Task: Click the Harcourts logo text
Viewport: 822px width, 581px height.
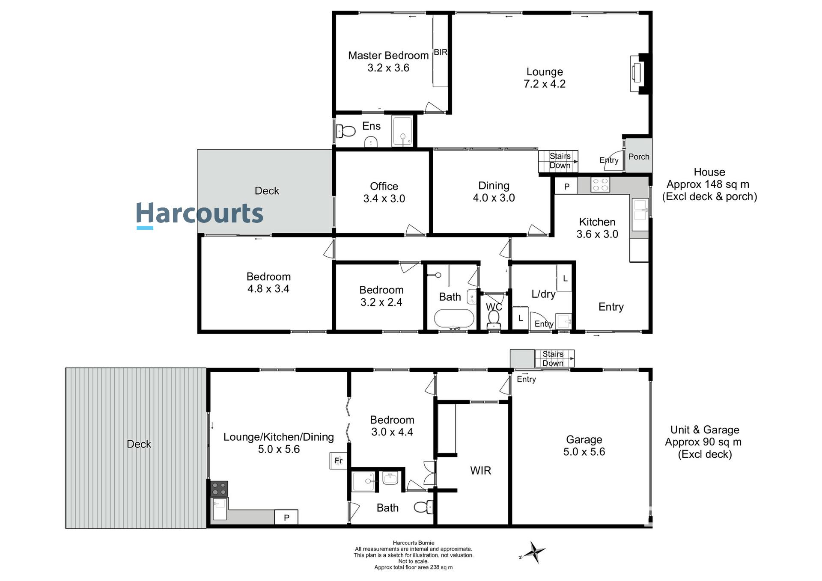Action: (200, 213)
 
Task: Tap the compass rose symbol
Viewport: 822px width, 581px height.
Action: (533, 552)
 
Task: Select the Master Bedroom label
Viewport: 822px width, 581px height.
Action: (388, 55)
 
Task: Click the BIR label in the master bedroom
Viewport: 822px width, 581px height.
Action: (440, 52)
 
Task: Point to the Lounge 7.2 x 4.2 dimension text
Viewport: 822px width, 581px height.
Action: (544, 84)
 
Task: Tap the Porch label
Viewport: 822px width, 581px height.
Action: (638, 157)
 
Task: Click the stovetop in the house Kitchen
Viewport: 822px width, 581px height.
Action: (600, 185)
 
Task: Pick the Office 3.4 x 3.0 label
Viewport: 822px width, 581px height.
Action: (384, 192)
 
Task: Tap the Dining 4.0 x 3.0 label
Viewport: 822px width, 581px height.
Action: (494, 191)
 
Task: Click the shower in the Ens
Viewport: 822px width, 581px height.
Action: (402, 131)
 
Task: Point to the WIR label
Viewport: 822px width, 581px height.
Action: (480, 471)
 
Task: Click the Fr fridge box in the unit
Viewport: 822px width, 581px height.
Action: (338, 461)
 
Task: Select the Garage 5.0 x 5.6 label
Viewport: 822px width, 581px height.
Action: (584, 445)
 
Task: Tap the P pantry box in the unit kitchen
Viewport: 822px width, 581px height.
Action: (286, 517)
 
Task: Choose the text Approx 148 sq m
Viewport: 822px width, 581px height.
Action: (708, 184)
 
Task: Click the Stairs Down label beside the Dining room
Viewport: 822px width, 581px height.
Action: (559, 161)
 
